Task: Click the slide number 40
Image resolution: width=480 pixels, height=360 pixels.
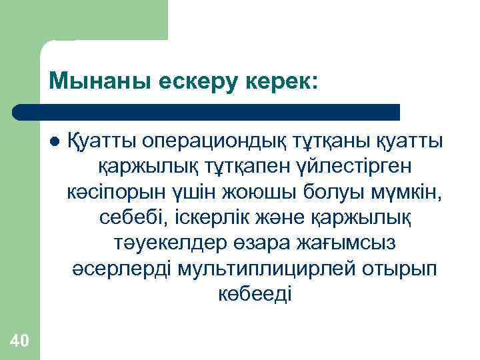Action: click(x=20, y=341)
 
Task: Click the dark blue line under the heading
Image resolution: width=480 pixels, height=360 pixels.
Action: click(x=207, y=111)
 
